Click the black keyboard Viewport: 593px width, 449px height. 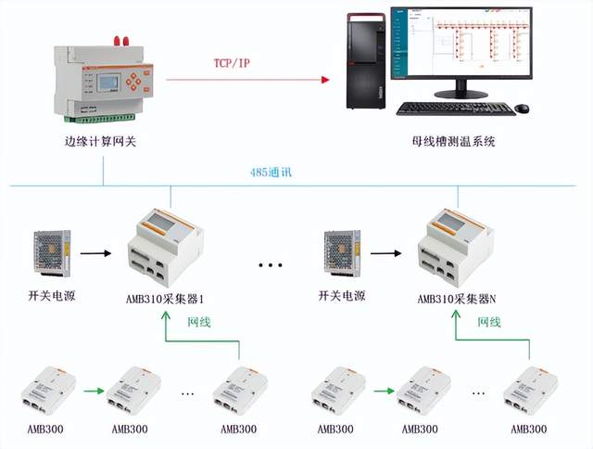(x=454, y=109)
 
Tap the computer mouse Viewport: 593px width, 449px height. (x=524, y=107)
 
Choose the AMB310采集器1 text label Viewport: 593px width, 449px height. (x=164, y=298)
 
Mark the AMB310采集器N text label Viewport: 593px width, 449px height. (x=453, y=298)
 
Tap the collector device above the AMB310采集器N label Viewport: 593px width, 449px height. (x=451, y=242)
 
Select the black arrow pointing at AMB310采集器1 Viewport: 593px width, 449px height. (x=95, y=250)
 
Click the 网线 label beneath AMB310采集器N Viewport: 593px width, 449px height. (x=488, y=322)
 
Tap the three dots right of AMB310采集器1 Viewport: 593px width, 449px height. (x=270, y=265)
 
